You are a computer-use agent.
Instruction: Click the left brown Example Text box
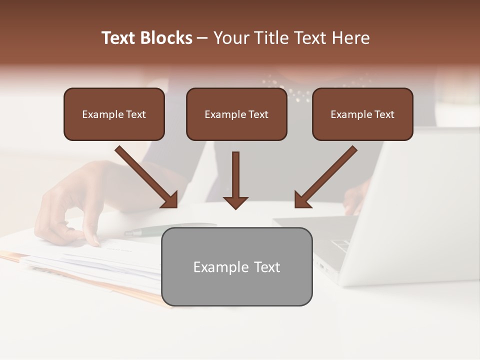click(x=114, y=114)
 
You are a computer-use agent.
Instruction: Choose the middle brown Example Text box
click(x=236, y=114)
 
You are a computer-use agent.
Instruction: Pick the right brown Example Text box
click(x=362, y=114)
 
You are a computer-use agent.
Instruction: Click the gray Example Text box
click(x=236, y=267)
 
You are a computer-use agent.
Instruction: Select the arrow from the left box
click(x=147, y=177)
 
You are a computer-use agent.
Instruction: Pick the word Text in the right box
click(x=384, y=114)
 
